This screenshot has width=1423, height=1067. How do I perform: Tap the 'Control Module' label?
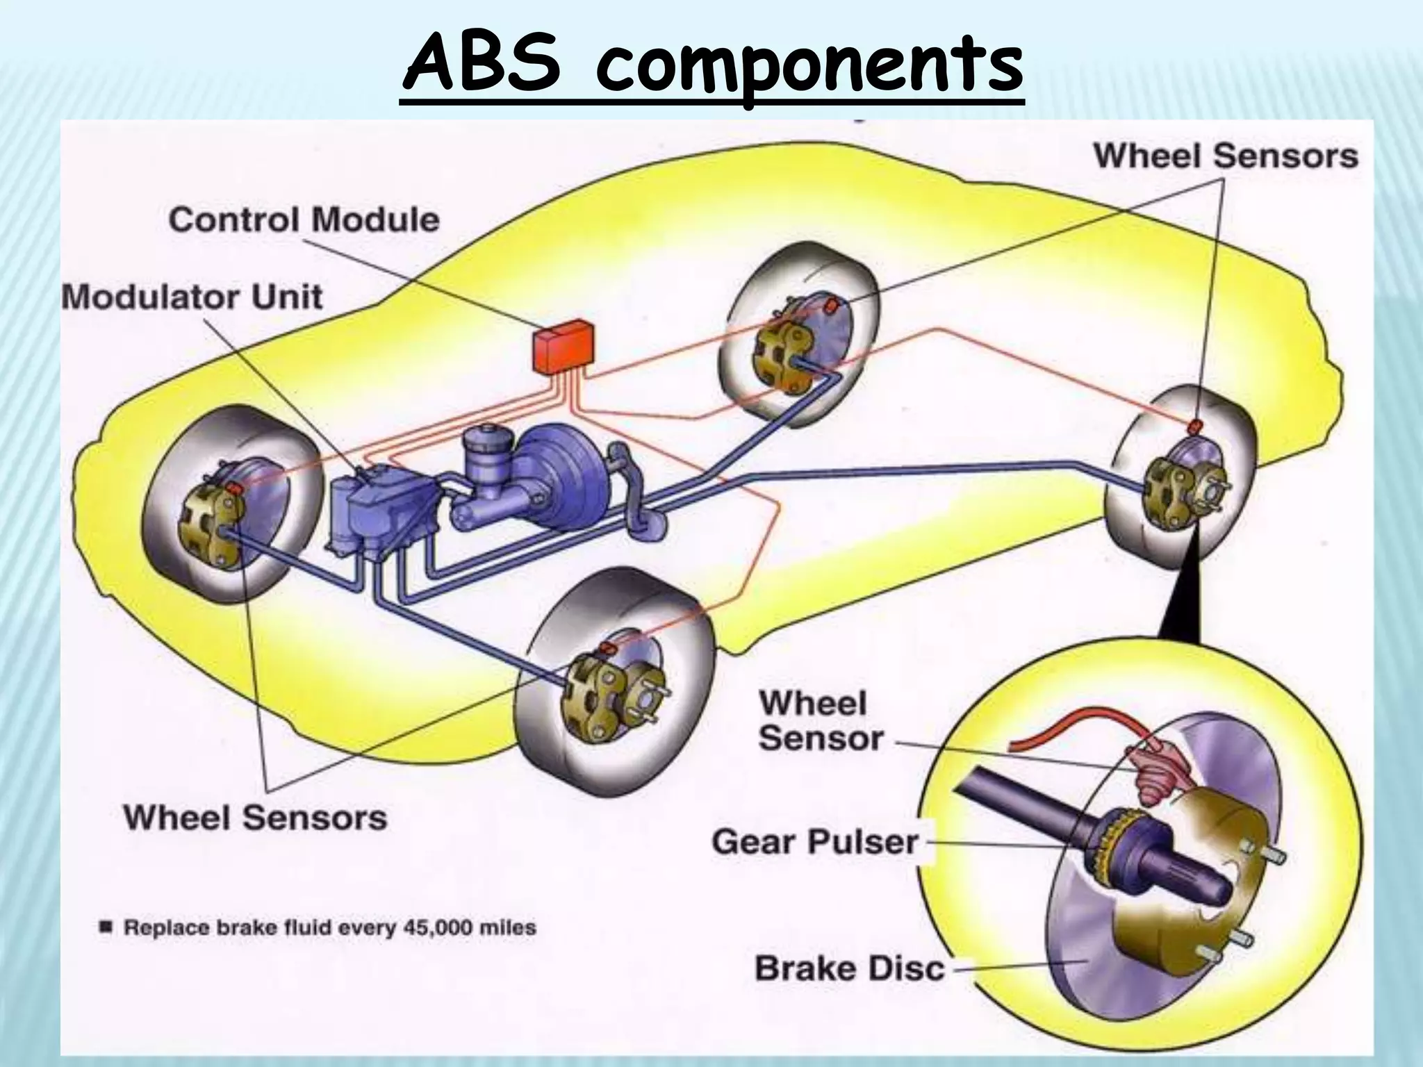click(x=304, y=220)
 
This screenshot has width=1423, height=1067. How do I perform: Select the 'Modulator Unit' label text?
click(x=192, y=297)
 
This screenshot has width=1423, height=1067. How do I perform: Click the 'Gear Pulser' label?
click(x=814, y=843)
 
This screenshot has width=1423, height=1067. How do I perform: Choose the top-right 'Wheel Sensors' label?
click(x=1226, y=156)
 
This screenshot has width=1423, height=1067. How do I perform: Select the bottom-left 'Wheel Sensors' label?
click(x=255, y=817)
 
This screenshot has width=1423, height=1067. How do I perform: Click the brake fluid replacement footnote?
click(x=320, y=927)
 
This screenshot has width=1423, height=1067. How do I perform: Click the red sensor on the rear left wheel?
click(x=831, y=305)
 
